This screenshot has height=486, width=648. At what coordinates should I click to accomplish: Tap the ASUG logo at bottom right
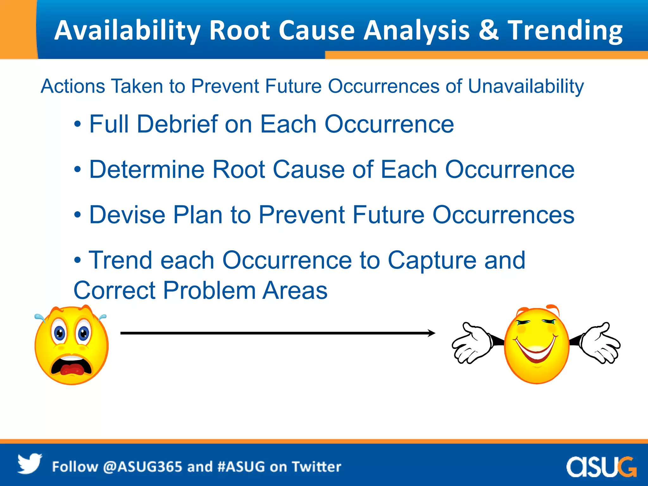[601, 466]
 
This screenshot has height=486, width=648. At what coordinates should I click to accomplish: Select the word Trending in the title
[565, 31]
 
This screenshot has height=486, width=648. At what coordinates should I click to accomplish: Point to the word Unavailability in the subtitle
[526, 86]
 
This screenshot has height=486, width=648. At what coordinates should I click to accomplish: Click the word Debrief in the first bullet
[177, 124]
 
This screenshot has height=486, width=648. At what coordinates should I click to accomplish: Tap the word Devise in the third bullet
[127, 215]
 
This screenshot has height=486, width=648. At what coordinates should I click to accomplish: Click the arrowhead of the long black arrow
[432, 333]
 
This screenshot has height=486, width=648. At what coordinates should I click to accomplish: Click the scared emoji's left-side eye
[59, 333]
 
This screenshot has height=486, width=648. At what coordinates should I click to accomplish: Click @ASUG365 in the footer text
[142, 467]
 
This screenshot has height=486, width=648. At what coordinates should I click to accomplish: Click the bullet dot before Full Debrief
[78, 124]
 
